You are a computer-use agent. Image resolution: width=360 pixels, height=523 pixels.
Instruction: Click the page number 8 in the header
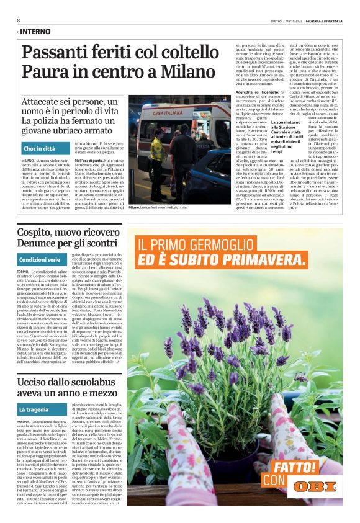tap(19, 20)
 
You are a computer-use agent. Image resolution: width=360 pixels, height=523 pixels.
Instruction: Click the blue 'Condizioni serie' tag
tap(40, 259)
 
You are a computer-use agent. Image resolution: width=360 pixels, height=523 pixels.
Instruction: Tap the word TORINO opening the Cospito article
tap(24, 272)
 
